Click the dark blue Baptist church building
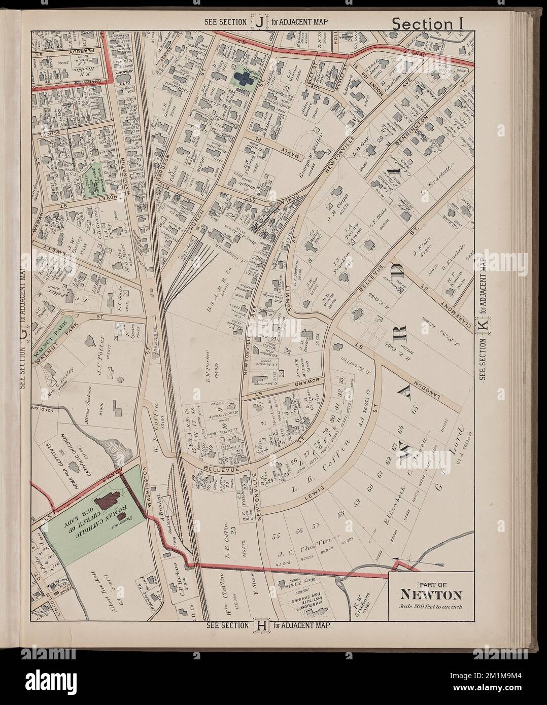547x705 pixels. pos(245,78)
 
